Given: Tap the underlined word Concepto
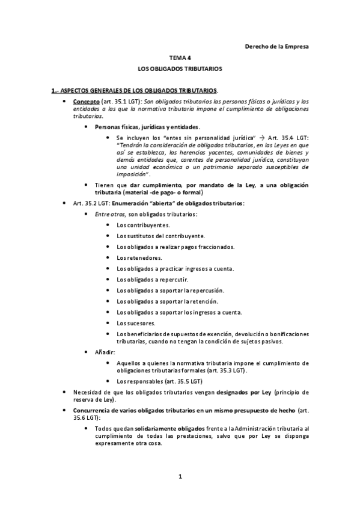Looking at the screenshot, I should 87,103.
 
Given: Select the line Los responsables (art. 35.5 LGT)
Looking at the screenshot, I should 159,381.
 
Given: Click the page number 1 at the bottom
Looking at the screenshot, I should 180,478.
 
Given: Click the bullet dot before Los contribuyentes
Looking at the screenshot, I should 108,225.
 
